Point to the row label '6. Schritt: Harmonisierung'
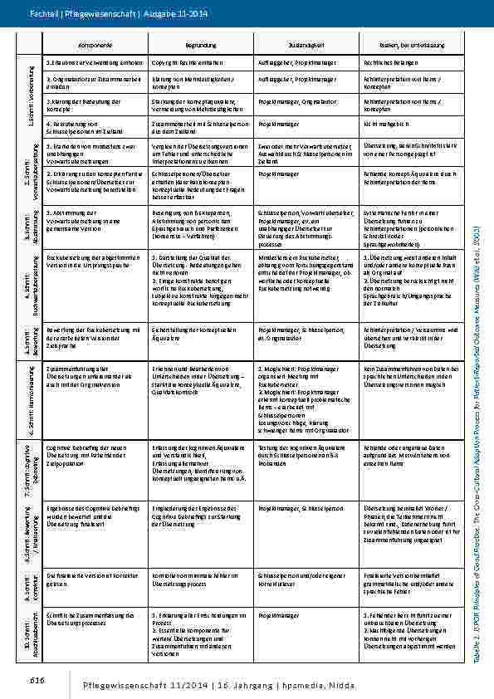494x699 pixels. point(32,398)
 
